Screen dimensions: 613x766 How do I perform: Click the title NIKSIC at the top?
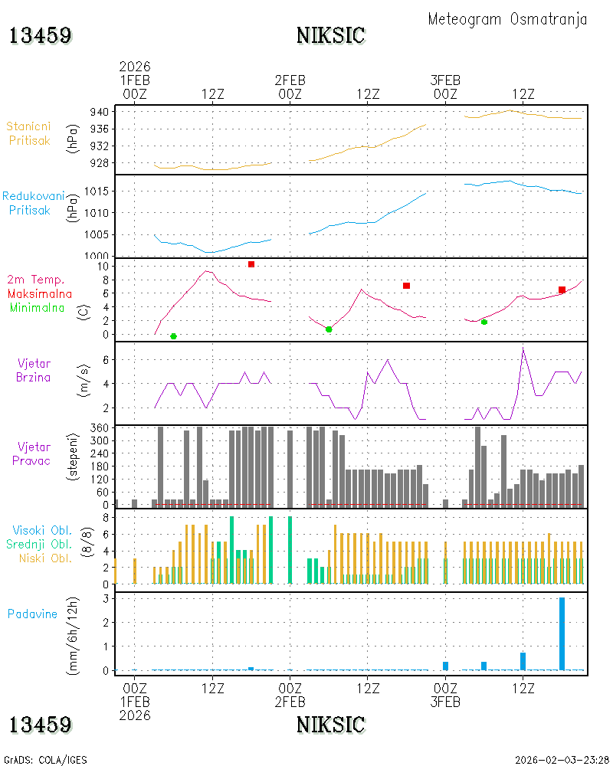point(330,36)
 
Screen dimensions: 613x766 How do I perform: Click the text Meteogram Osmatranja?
point(507,20)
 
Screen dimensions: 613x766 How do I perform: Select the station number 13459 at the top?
point(40,36)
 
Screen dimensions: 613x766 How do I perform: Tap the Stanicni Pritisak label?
point(29,133)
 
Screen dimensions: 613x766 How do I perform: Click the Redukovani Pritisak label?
point(33,203)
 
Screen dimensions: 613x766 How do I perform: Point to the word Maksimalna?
point(40,294)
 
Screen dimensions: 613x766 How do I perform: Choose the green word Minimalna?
point(37,308)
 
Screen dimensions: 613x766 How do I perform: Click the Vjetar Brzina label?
point(34,370)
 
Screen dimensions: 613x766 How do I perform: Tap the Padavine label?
point(32,614)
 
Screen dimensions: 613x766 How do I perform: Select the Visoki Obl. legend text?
point(42,531)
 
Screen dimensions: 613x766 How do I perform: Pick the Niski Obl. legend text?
point(45,558)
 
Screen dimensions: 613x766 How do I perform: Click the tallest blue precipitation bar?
point(562,633)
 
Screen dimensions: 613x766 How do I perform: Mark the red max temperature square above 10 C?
point(251,264)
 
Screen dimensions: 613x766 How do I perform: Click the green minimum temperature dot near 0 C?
point(173,336)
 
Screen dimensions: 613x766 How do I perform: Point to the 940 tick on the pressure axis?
point(100,113)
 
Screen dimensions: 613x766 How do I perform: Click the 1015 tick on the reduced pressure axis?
point(97,191)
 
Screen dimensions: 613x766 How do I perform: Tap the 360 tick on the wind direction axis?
point(100,428)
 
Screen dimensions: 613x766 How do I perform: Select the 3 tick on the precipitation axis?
point(106,598)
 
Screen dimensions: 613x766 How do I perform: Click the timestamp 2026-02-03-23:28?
point(562,760)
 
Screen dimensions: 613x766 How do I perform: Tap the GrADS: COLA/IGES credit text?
point(45,760)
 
